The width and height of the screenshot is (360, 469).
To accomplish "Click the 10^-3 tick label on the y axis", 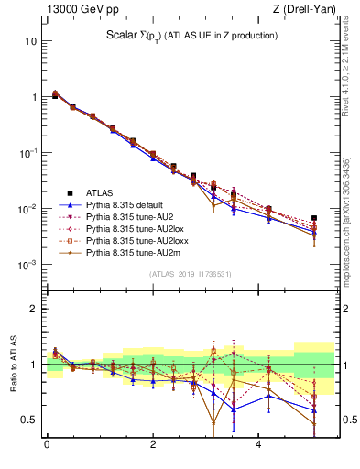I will pos(27,265).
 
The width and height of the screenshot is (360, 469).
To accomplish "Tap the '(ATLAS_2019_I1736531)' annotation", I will pos(190,274).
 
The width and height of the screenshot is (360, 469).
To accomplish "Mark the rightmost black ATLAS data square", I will pos(314,218).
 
